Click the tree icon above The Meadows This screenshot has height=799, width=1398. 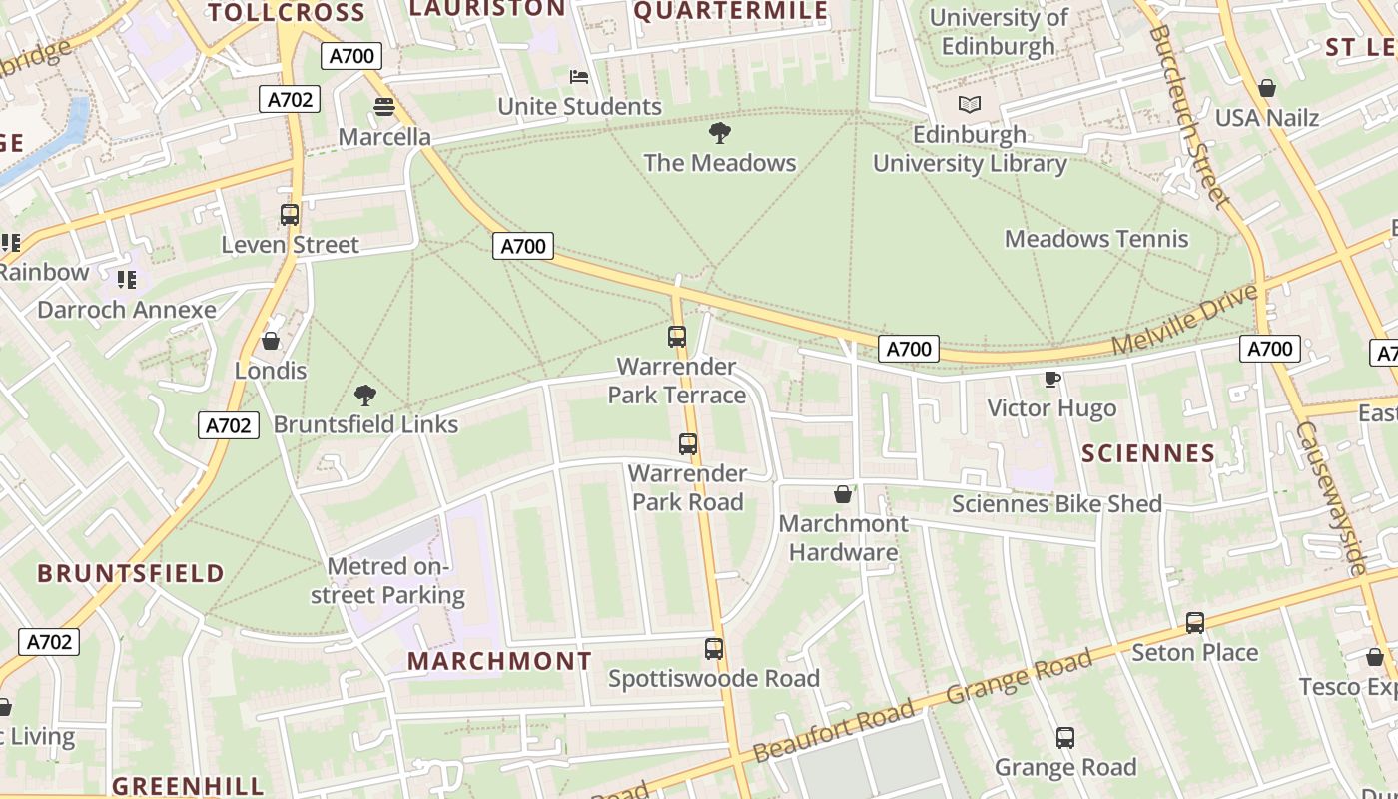click(x=719, y=132)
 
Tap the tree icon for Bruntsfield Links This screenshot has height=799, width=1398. click(x=365, y=395)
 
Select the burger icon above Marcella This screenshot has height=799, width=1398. click(x=384, y=106)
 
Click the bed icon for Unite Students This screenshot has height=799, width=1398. click(x=578, y=76)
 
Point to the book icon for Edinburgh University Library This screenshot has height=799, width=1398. click(x=969, y=104)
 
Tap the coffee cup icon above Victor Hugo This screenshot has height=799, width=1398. click(x=1051, y=379)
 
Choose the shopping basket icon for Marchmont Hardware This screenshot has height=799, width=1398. click(x=843, y=494)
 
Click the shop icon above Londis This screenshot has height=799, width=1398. click(x=270, y=341)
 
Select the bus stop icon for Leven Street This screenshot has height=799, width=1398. click(x=290, y=214)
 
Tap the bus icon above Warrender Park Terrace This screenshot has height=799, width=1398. click(x=677, y=337)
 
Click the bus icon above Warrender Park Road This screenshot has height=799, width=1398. click(x=688, y=444)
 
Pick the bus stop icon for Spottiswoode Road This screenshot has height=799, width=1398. click(x=714, y=649)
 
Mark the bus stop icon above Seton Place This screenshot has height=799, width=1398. click(x=1195, y=623)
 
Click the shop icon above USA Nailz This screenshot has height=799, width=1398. click(x=1266, y=88)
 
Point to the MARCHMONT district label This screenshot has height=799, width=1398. click(x=499, y=661)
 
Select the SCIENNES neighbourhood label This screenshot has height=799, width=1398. click(x=1148, y=453)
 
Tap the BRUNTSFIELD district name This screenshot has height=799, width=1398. click(x=131, y=573)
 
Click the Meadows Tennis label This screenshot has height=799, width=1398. click(x=1096, y=239)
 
